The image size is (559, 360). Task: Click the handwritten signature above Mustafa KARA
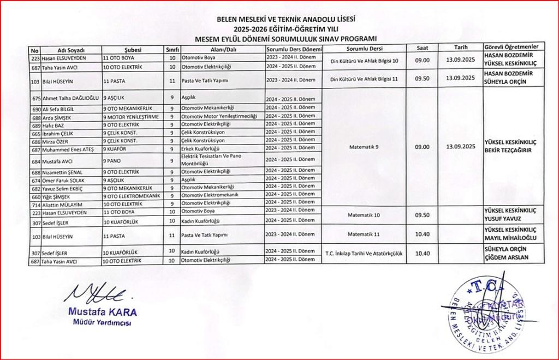[x=97, y=295]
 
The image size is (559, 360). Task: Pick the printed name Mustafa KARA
[x=102, y=312]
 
